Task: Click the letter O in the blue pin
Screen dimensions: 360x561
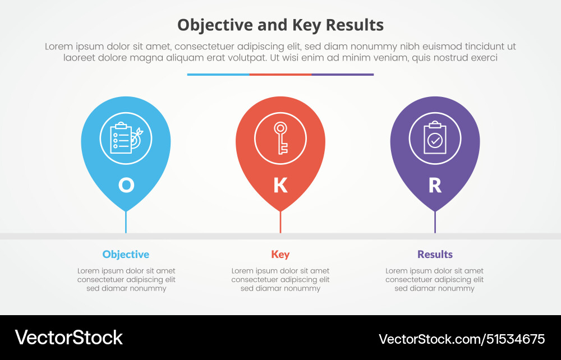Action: [x=126, y=185]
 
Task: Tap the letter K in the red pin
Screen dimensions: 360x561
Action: [x=280, y=185]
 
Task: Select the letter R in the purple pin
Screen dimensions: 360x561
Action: [x=435, y=185]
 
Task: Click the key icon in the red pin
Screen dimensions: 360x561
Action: [x=280, y=138]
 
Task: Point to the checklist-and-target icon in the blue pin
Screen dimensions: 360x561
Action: [x=126, y=138]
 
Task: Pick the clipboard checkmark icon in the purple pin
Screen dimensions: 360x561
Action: [x=435, y=138]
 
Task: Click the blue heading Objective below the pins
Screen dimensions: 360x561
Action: [x=126, y=255]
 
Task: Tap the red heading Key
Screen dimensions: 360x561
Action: [x=280, y=255]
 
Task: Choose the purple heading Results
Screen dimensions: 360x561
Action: [x=435, y=255]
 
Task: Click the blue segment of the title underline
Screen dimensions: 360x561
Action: [x=218, y=74]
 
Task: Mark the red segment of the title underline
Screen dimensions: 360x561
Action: [x=280, y=74]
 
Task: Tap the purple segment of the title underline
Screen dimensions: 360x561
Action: [x=343, y=74]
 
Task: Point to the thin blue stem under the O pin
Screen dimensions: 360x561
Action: [x=126, y=223]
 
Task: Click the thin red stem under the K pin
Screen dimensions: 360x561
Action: [x=280, y=223]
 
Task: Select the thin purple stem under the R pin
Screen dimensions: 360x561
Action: [x=435, y=223]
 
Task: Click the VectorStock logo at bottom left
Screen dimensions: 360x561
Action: [x=68, y=338]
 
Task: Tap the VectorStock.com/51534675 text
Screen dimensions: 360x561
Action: [x=462, y=339]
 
